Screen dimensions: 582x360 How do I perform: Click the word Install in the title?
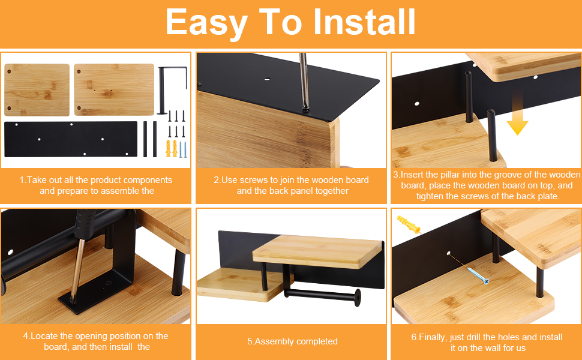[364, 22]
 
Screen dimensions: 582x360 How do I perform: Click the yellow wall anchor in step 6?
[409, 224]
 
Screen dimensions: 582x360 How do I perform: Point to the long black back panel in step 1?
[71, 139]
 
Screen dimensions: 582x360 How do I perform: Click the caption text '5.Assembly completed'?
[292, 341]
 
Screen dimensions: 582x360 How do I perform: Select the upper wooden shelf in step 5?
[318, 251]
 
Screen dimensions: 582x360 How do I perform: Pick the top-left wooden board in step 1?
[37, 90]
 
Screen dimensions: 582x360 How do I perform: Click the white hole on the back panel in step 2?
[267, 79]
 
